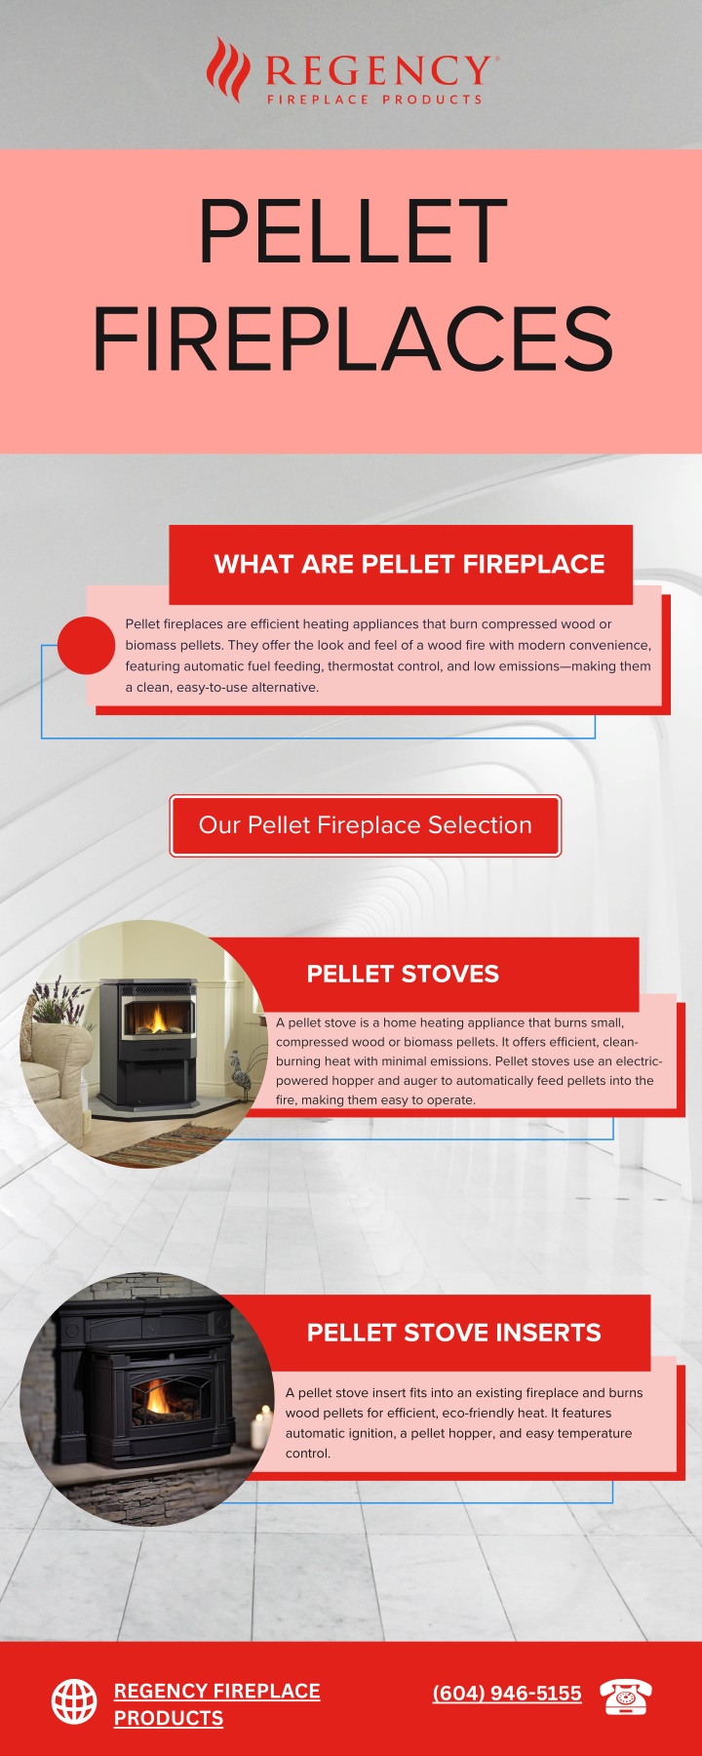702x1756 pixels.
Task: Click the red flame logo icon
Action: (227, 69)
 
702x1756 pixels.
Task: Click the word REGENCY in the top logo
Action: (379, 71)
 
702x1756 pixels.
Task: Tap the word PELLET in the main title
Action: (353, 231)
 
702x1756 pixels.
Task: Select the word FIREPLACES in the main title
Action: (353, 339)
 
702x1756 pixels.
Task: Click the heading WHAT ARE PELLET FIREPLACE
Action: (409, 564)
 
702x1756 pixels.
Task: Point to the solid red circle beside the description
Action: (87, 645)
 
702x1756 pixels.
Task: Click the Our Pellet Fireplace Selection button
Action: (366, 825)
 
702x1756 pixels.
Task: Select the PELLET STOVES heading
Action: (403, 974)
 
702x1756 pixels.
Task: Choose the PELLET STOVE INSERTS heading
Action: (453, 1333)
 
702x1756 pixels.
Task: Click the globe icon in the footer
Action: (74, 1702)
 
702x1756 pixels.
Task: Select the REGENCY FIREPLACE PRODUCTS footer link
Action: (216, 1704)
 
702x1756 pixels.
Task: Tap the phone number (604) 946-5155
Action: (507, 1694)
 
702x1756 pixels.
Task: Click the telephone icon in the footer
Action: (626, 1696)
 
